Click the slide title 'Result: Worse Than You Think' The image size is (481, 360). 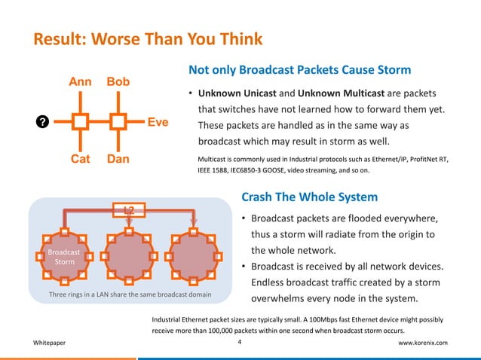146,38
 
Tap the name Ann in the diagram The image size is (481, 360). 81,81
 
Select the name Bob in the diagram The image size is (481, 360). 118,81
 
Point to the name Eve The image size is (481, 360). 158,121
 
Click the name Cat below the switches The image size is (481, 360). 81,160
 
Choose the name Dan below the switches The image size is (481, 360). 118,160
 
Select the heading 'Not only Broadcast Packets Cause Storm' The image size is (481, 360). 299,70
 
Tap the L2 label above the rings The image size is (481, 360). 130,209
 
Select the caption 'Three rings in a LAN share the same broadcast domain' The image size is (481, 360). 130,294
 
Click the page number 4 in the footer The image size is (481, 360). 239,342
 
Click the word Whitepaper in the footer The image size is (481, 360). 49,343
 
